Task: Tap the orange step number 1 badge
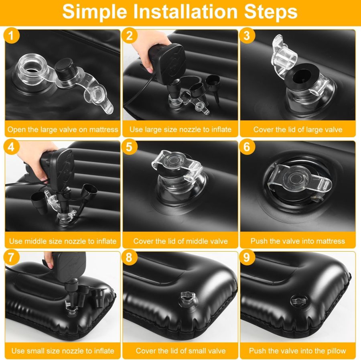click(12, 36)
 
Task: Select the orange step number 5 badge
click(129, 147)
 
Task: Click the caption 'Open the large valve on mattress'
click(63, 130)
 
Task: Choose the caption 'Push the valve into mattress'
click(298, 241)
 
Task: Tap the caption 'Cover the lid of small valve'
click(180, 350)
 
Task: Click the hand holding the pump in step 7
click(48, 259)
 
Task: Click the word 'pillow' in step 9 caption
click(336, 350)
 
